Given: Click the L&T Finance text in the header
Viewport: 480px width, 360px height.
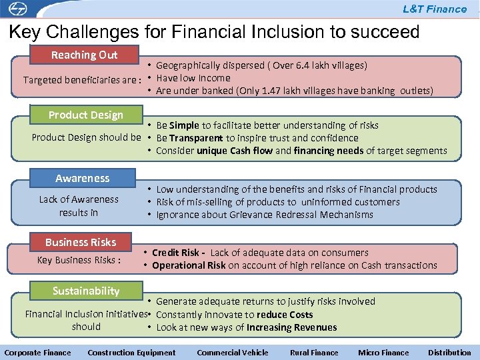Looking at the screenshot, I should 434,9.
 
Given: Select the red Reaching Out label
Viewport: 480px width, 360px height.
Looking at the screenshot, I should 84,55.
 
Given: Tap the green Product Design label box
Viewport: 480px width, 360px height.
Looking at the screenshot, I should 85,115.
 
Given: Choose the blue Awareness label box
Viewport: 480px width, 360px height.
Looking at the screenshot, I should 83,178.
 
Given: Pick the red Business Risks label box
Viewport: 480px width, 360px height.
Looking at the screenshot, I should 81,242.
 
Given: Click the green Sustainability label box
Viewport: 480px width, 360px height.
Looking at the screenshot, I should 86,291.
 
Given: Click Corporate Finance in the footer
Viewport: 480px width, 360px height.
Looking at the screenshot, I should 38,353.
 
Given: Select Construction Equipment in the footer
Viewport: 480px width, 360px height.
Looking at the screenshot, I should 131,353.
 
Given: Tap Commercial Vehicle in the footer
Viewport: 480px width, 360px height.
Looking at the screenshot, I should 233,353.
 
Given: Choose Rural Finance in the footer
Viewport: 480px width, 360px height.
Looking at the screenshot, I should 314,353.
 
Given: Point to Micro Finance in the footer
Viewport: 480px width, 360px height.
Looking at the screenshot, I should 383,353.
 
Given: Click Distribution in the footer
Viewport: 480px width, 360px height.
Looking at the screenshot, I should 449,353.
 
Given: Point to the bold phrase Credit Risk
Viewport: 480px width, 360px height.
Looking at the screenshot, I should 175,253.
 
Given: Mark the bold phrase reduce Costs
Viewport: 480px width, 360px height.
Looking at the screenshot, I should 285,315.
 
